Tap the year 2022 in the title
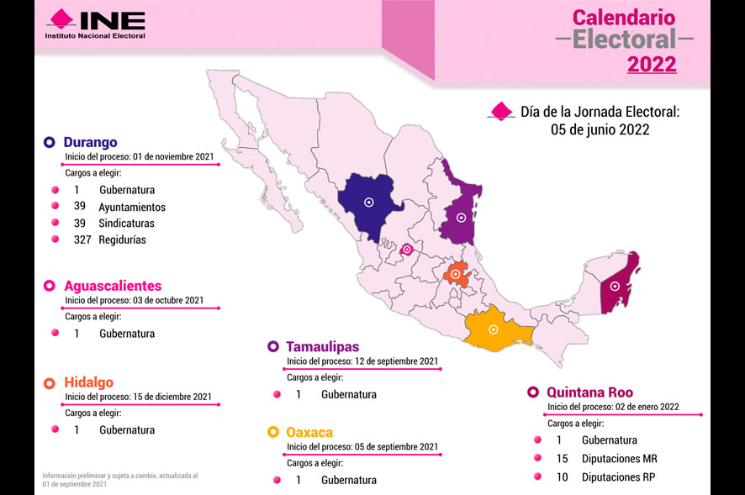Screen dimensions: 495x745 click(652, 64)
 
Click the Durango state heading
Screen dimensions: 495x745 click(90, 142)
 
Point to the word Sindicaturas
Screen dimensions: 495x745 click(126, 224)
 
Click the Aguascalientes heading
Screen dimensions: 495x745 click(113, 286)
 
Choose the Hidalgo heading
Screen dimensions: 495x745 click(88, 382)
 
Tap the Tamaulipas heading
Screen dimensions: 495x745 click(322, 346)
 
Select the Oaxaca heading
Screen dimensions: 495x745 click(309, 432)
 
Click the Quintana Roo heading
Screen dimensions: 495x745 click(589, 392)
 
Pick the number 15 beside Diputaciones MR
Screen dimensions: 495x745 click(563, 459)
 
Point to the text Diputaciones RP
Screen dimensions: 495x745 click(618, 477)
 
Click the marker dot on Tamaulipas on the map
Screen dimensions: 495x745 click(461, 218)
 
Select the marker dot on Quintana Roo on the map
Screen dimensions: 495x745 click(615, 287)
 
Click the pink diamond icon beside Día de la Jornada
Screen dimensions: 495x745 click(502, 111)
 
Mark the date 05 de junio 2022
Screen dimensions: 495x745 click(600, 130)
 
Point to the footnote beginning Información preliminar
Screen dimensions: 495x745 click(119, 480)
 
